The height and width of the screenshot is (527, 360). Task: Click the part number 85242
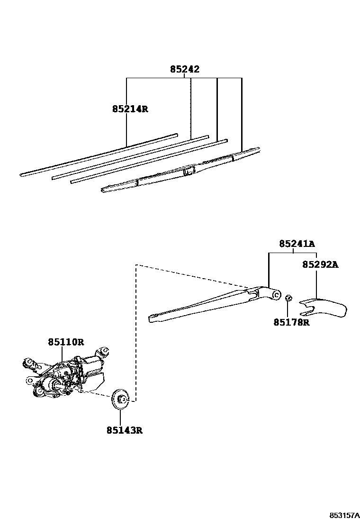(185, 70)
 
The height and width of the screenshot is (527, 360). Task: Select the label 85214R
(130, 109)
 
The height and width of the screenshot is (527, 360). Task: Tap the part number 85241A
(297, 244)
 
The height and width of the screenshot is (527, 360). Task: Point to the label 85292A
(320, 265)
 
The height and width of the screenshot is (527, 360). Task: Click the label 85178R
(291, 322)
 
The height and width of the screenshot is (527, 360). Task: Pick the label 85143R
(125, 431)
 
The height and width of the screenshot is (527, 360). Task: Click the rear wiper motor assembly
(66, 374)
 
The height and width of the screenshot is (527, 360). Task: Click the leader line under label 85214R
(126, 128)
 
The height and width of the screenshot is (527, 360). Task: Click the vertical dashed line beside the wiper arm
(136, 332)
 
